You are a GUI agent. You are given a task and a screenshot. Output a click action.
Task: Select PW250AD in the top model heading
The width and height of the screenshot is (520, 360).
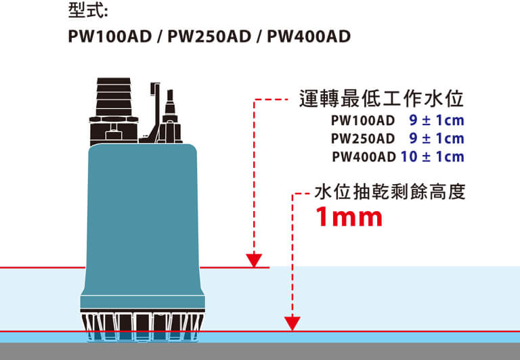tap(209, 36)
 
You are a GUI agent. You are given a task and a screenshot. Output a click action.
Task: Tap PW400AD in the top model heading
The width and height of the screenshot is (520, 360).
tap(309, 36)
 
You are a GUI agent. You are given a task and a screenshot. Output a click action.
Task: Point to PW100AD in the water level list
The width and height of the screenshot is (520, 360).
tap(362, 122)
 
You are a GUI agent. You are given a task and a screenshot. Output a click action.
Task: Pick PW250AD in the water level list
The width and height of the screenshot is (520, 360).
tap(362, 139)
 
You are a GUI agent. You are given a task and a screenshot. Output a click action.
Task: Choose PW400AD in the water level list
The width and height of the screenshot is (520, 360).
tap(364, 157)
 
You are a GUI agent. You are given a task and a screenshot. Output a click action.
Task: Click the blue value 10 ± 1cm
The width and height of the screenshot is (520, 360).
tap(432, 157)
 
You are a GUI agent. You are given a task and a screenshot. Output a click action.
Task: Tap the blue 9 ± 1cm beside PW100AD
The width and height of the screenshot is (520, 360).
tap(437, 122)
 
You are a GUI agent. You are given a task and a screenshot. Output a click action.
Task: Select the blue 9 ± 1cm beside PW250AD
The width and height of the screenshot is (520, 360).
tap(437, 139)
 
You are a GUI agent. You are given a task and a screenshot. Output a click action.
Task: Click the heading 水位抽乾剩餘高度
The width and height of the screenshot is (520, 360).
tap(391, 193)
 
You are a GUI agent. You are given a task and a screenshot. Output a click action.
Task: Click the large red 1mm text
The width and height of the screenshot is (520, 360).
tap(350, 218)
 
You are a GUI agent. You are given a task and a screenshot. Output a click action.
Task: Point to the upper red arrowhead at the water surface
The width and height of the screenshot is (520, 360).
tap(255, 261)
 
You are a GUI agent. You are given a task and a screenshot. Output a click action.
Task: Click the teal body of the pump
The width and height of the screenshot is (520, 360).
tap(142, 217)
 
